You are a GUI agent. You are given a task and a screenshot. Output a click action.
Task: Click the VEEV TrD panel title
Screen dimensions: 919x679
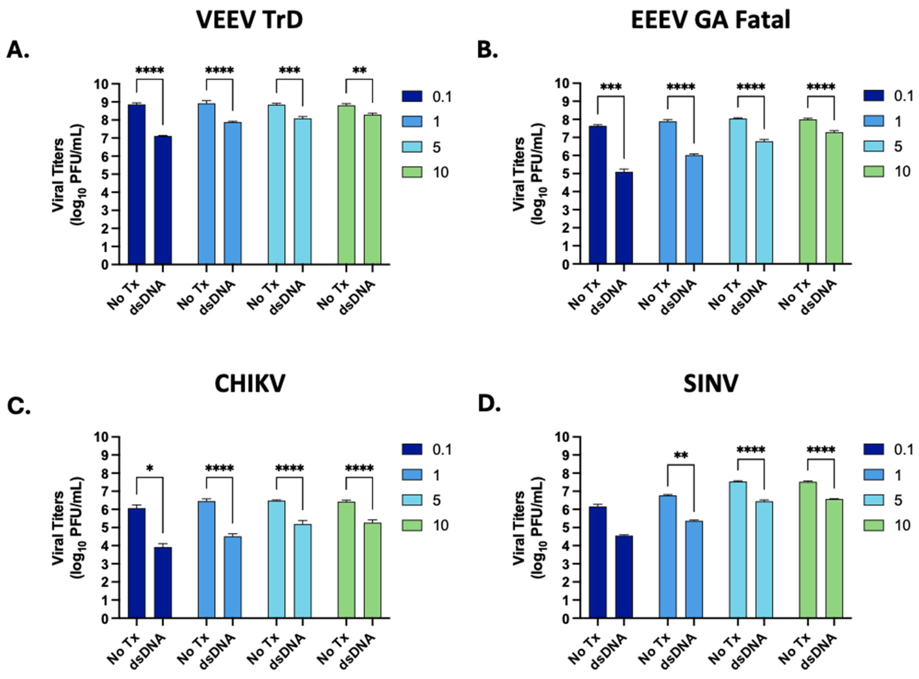[250, 19]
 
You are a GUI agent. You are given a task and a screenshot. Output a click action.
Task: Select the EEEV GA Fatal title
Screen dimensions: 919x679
[710, 19]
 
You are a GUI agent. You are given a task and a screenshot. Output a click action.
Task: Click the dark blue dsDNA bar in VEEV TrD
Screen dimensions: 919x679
[163, 200]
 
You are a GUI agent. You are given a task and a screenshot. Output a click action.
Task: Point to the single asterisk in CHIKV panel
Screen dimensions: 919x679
[150, 468]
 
